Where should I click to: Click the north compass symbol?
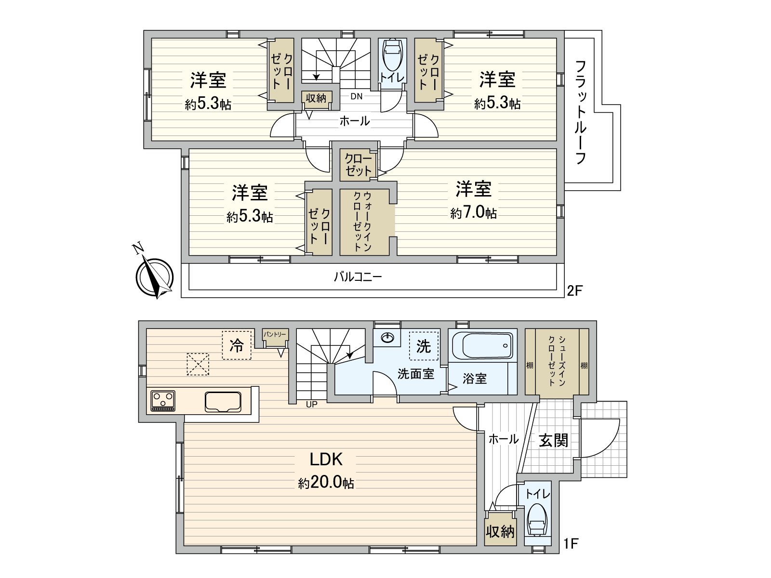click(x=154, y=276)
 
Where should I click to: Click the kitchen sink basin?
click(x=223, y=402)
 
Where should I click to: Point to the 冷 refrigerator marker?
click(x=237, y=345)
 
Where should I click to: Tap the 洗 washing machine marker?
click(x=424, y=345)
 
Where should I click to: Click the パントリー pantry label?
click(x=275, y=334)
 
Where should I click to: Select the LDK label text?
click(x=326, y=460)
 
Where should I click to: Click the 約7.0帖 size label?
click(x=474, y=213)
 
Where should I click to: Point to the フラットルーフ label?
click(x=581, y=112)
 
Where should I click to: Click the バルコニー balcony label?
click(x=358, y=277)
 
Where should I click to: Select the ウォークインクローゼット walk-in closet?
click(x=364, y=222)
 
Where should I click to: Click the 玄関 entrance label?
click(x=553, y=440)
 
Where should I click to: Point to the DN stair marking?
click(x=356, y=96)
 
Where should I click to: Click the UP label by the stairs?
click(x=312, y=405)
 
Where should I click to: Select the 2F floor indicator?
click(x=575, y=290)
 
